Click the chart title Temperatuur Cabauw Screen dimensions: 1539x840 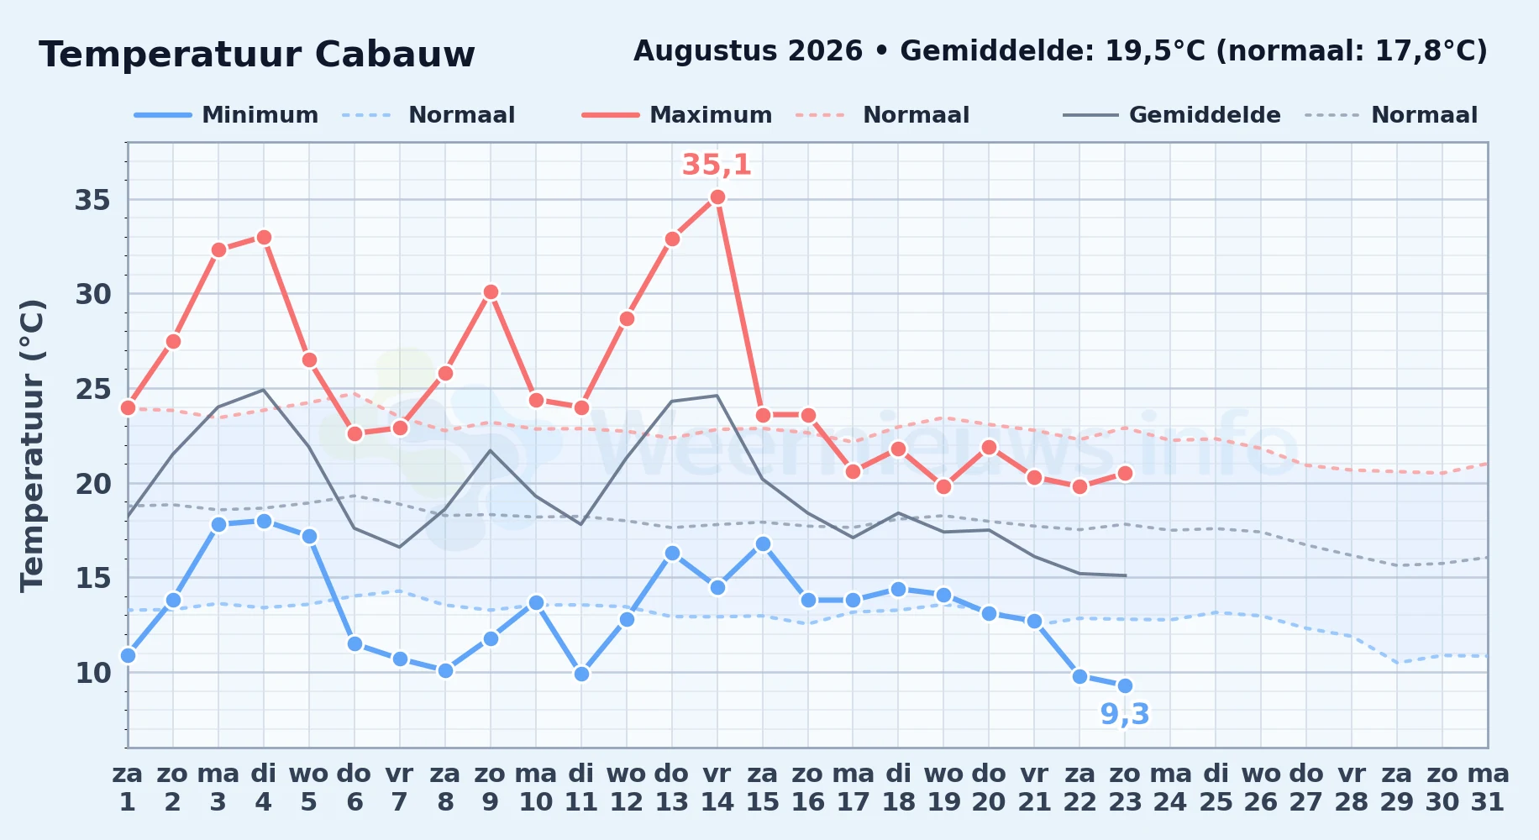(x=257, y=55)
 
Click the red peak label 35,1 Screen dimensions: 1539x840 (x=717, y=165)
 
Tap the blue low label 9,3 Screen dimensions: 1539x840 (x=1125, y=714)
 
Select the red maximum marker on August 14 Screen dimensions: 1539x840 (x=717, y=197)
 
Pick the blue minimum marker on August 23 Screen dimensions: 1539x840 (x=1125, y=686)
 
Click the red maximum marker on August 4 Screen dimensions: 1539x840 (x=264, y=238)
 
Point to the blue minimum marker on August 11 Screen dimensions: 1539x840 (x=581, y=674)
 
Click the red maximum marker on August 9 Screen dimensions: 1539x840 (x=491, y=292)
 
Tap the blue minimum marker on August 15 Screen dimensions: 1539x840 (x=763, y=544)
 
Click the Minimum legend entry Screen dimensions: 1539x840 (x=227, y=115)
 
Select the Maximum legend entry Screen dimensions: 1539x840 (x=677, y=115)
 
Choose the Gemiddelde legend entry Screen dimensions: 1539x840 (x=1172, y=115)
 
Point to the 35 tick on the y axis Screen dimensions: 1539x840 (x=93, y=201)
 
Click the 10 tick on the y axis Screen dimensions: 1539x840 (x=93, y=673)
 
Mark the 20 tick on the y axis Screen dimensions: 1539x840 (x=93, y=484)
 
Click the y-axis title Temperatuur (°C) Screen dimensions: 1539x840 (x=33, y=445)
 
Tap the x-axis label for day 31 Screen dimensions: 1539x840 (x=1488, y=788)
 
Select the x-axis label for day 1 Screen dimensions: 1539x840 (x=128, y=788)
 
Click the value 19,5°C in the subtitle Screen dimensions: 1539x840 (x=1156, y=51)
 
